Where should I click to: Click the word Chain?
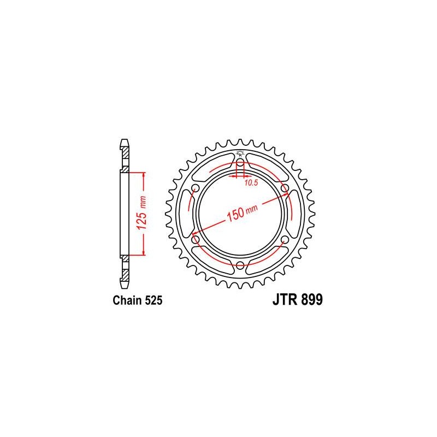point(127,300)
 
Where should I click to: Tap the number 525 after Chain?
point(153,300)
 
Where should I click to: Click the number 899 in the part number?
point(311,299)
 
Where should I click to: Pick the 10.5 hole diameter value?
point(251,183)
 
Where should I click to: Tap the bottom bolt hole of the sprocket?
point(240,265)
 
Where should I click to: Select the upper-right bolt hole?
point(285,188)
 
